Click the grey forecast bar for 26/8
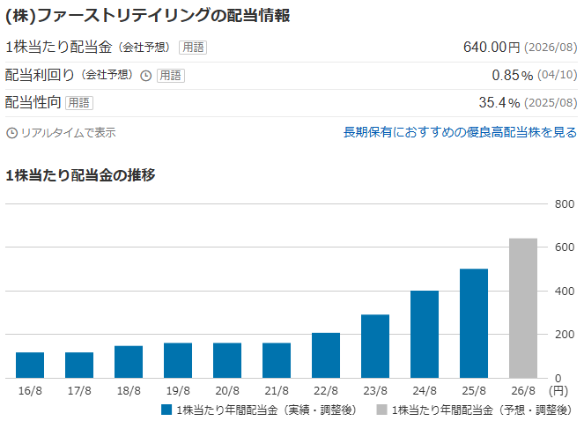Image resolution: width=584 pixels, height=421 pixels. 523,307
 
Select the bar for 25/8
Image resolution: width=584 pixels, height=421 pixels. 474,323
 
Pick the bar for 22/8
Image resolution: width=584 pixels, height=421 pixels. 326,355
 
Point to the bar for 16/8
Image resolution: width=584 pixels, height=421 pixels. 30,365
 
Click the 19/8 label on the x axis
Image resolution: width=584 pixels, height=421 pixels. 178,388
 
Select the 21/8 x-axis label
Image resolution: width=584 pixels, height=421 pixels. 277,388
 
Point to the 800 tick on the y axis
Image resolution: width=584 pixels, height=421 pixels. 564,204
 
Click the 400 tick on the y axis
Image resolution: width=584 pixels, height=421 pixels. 564,292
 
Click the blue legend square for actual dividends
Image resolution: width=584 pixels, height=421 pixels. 166,410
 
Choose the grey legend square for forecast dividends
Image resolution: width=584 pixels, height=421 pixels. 381,410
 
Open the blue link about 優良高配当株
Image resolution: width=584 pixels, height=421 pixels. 460,132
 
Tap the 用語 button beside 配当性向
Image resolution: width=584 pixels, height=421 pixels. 79,103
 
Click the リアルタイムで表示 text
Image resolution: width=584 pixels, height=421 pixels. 68,133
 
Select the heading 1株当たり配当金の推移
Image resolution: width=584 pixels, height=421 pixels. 80,175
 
